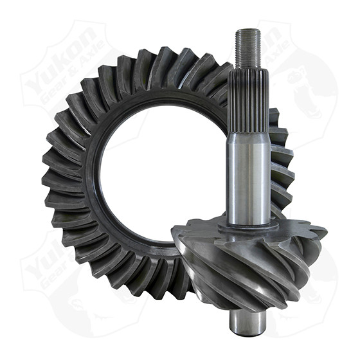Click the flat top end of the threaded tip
[248, 30]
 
